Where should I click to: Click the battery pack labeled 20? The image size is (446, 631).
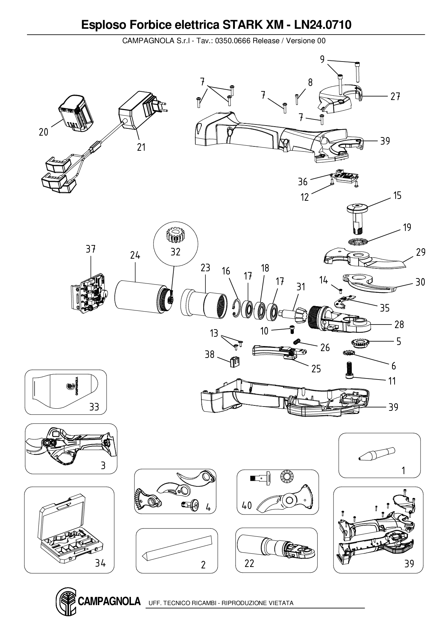tap(77, 113)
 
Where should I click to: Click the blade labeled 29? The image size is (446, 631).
tap(363, 260)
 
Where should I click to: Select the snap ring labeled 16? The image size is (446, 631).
tap(236, 309)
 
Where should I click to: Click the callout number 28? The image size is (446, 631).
tap(399, 324)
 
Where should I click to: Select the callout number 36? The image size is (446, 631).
tap(303, 182)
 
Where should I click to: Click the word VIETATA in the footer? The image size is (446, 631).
tap(281, 603)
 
